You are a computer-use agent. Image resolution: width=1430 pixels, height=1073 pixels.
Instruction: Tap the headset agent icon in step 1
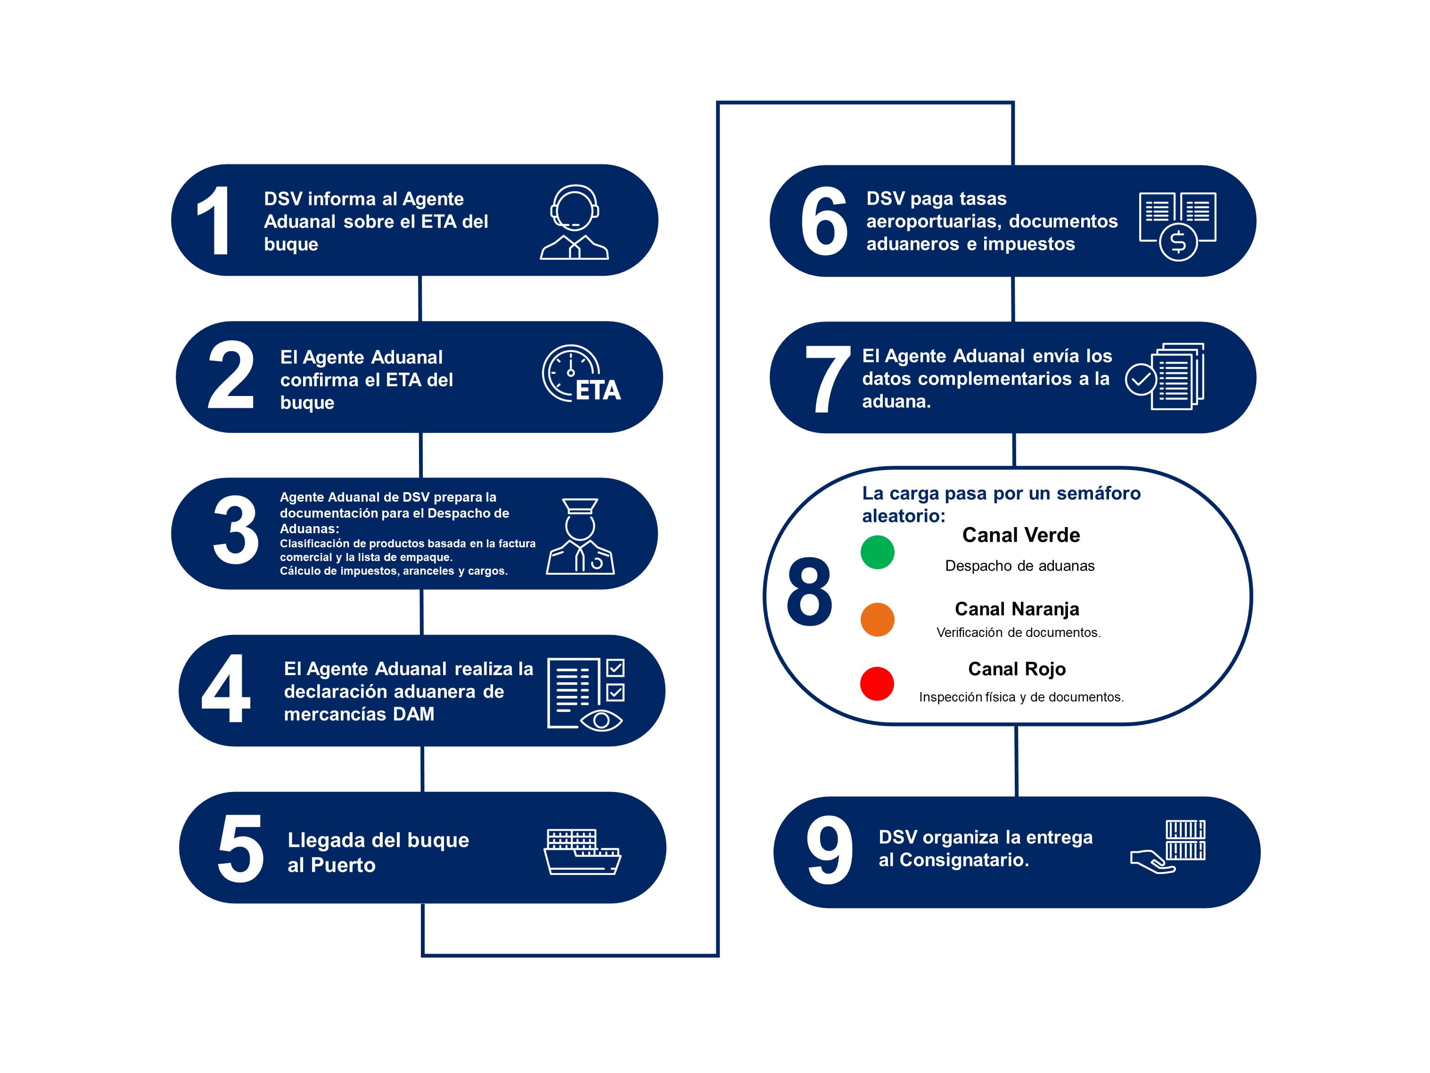(x=574, y=223)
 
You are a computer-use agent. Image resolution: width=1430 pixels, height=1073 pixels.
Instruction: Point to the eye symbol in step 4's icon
(x=601, y=720)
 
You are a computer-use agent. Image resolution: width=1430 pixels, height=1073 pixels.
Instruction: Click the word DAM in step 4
(x=414, y=714)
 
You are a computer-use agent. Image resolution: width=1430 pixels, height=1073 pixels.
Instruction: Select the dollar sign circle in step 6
(x=1178, y=242)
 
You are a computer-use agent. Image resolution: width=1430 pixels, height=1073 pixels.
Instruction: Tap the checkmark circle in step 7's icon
(x=1141, y=380)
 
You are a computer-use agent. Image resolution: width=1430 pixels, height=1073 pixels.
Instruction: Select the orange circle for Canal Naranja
(x=877, y=619)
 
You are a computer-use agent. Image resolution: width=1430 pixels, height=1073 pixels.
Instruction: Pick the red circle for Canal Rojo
(x=877, y=684)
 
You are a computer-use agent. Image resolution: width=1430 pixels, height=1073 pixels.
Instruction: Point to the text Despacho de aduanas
(x=1019, y=566)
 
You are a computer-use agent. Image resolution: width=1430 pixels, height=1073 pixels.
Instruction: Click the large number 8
(x=809, y=591)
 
